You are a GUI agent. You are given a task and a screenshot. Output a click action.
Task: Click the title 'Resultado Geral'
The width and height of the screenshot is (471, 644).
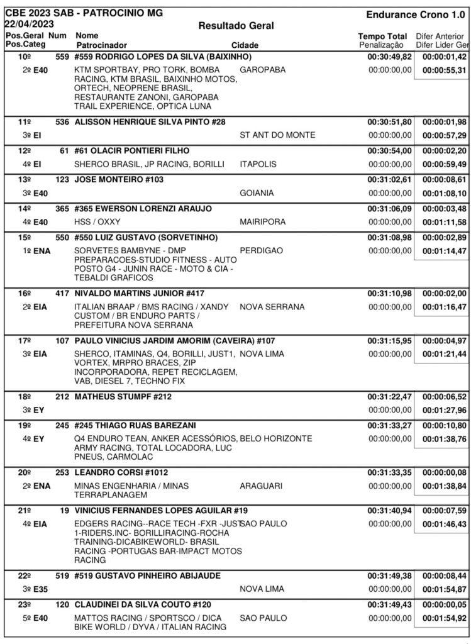236,26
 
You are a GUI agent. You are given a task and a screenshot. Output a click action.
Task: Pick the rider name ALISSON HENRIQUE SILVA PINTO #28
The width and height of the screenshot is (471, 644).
150,121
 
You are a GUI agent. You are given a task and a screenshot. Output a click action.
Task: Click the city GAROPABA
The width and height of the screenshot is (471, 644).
263,70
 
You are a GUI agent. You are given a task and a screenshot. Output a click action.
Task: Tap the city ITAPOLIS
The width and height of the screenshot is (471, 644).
260,164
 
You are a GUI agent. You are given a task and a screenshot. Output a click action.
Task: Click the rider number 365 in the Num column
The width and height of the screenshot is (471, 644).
61,208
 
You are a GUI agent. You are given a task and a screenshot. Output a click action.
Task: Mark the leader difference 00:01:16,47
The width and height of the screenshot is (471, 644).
444,307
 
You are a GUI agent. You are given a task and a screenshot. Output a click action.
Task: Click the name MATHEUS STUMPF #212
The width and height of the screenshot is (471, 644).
123,397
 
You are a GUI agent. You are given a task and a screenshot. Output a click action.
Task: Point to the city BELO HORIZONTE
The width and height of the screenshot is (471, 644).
276,438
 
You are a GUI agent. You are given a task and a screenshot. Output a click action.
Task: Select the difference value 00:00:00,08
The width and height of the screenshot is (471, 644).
444,472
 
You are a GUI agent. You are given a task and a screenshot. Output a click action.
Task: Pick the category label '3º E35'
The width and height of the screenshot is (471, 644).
36,589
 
